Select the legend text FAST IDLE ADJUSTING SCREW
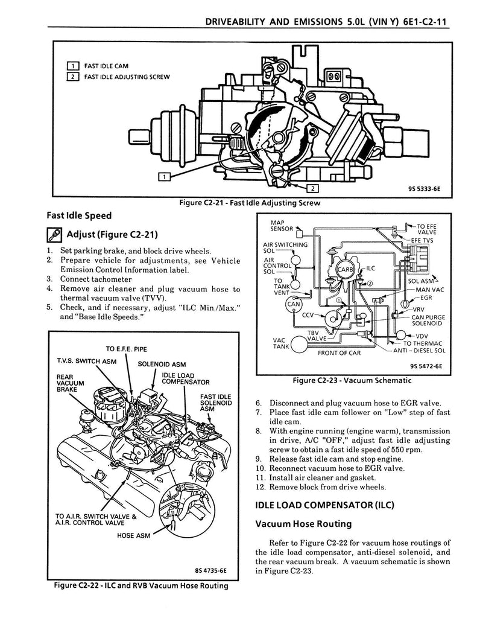[127, 77]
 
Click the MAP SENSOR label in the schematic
[282, 226]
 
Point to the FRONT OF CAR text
[340, 353]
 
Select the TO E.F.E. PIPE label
[126, 349]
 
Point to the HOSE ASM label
[133, 534]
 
